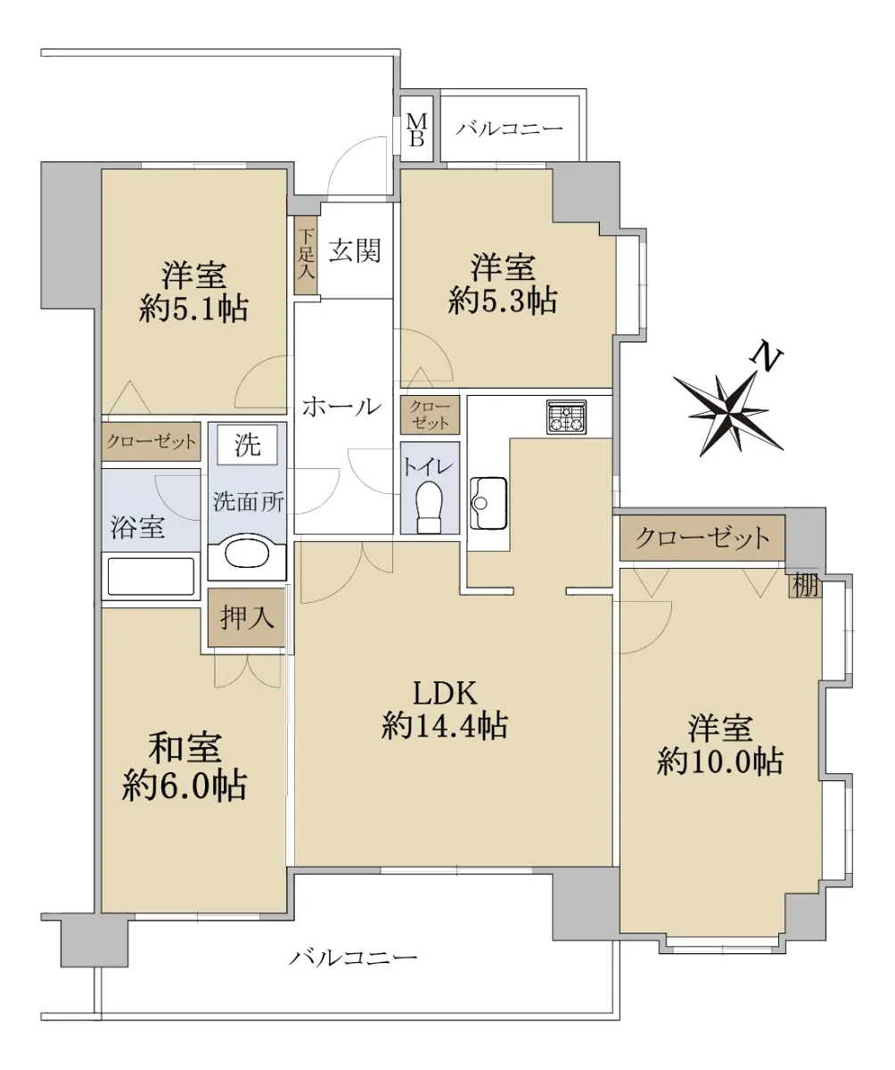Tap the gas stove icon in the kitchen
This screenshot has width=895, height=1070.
(566, 416)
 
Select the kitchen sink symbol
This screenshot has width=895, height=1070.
(488, 503)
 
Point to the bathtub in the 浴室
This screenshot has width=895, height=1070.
(151, 577)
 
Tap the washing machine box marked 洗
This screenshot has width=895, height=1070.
(248, 444)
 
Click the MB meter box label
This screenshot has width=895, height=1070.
(416, 130)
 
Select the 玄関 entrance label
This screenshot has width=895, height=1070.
(355, 251)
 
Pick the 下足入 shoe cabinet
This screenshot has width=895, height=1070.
(306, 255)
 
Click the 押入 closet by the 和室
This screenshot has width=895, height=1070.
(246, 617)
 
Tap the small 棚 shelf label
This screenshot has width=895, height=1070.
(805, 586)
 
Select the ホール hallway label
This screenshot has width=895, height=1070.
(341, 407)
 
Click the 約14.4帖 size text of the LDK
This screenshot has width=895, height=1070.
(445, 726)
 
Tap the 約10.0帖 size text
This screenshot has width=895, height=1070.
(719, 761)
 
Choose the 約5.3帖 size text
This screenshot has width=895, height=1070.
(503, 300)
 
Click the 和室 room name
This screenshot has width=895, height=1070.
(185, 747)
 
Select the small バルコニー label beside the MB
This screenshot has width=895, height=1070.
(509, 128)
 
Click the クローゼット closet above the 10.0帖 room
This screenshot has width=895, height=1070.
(702, 538)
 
